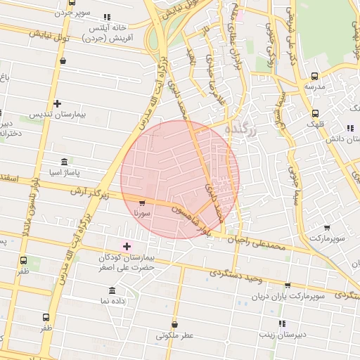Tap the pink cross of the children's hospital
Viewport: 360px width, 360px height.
click(x=127, y=245)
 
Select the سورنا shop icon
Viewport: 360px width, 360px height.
click(x=143, y=202)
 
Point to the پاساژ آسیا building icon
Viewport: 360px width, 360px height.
click(x=64, y=162)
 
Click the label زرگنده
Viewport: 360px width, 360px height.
click(x=241, y=131)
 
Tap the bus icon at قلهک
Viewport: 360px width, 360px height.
click(x=314, y=113)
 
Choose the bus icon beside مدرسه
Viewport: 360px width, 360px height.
click(x=314, y=76)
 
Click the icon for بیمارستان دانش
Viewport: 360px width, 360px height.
click(x=349, y=128)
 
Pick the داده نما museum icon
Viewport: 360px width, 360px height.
click(x=112, y=290)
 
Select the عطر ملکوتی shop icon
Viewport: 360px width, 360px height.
click(x=174, y=325)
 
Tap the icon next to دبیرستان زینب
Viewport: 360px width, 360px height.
click(x=282, y=323)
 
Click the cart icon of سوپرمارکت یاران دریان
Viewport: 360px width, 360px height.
click(x=288, y=285)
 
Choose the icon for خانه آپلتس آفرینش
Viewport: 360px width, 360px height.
click(x=107, y=17)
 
